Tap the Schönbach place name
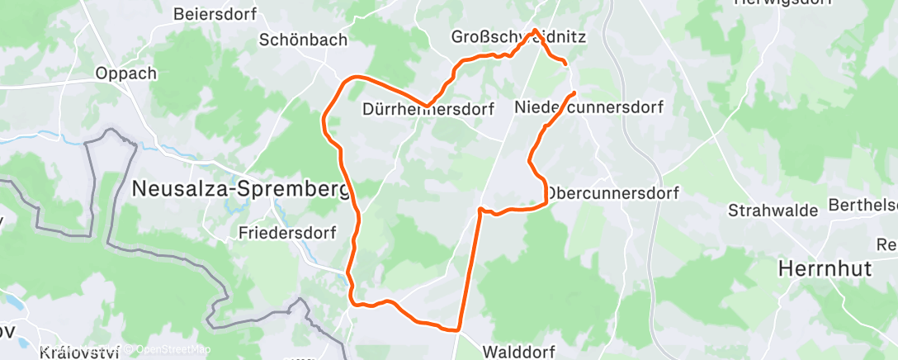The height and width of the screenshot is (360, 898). coord(303,40)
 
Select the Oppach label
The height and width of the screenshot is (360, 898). coord(125,73)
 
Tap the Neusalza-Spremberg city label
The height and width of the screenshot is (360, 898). coord(240,189)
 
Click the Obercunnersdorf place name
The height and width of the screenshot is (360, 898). coord(612,193)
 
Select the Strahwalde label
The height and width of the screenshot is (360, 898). coord(773,211)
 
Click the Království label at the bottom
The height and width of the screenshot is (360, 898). coord(79,353)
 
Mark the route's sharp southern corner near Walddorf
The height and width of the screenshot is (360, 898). coord(457,330)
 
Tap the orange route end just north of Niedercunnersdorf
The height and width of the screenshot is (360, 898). coord(573,92)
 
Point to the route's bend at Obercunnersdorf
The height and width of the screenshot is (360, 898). coord(546,198)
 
